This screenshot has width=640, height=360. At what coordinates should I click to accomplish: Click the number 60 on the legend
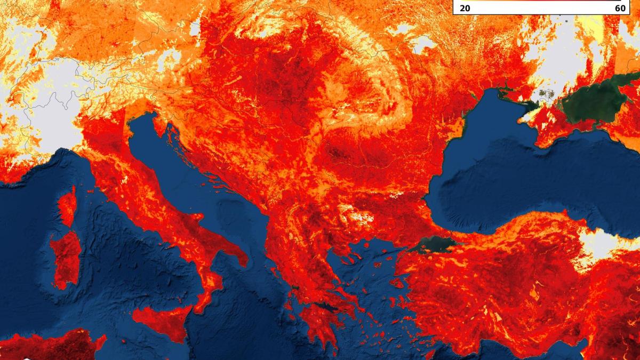620,9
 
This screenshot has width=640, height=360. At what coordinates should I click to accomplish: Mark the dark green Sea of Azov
592,101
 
